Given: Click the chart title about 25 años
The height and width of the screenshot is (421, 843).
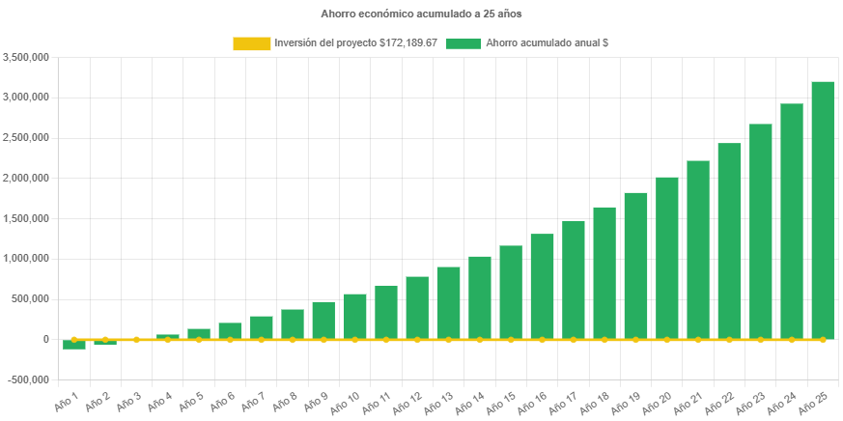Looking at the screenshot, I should click(421, 14).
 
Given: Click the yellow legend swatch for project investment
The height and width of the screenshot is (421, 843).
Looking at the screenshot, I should click(251, 43).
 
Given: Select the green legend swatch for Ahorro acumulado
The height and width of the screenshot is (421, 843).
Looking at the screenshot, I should click(464, 43).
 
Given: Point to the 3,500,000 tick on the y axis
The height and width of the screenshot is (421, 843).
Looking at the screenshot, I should click(27, 57).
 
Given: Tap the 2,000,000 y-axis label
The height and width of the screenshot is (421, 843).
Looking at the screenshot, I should click(27, 178).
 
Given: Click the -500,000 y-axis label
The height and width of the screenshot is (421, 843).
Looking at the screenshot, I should click(29, 379).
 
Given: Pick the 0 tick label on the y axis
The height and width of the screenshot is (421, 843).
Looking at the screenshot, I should click(46, 339).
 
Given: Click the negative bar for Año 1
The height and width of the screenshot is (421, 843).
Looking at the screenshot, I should click(74, 344).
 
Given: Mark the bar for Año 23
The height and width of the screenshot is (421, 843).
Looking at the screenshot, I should click(760, 231).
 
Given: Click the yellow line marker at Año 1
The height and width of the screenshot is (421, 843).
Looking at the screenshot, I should click(74, 340).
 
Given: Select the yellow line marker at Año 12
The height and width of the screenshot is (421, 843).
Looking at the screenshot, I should click(417, 340).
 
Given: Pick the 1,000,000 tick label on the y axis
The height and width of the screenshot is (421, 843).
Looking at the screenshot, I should click(27, 258).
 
